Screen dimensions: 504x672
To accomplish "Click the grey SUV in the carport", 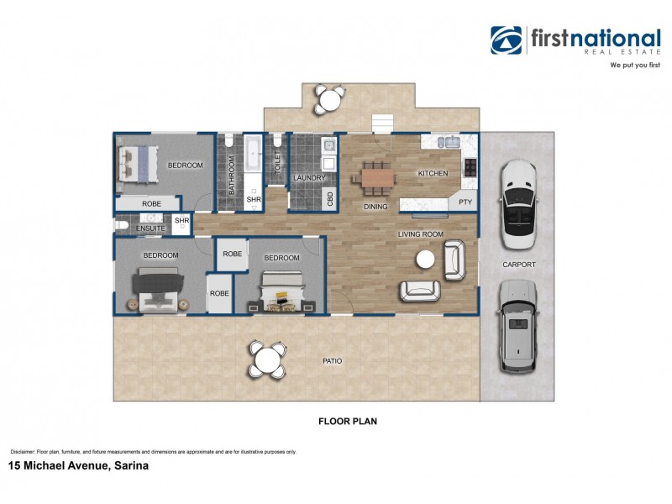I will (x=516, y=327).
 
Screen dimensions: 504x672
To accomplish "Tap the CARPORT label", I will (x=518, y=264).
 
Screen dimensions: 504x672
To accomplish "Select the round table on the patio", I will (x=267, y=361).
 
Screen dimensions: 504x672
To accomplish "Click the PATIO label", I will (x=332, y=361).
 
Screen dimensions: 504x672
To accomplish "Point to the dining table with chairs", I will (x=376, y=177).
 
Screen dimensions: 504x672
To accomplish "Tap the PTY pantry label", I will (x=465, y=202).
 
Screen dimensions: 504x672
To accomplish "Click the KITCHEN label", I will (x=433, y=174).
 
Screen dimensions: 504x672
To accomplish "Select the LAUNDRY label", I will (x=308, y=178).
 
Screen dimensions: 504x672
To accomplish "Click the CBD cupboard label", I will (x=330, y=198).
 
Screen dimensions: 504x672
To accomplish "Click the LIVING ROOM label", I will (x=420, y=234).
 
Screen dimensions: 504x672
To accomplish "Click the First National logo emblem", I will (x=507, y=40).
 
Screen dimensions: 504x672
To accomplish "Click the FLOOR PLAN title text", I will (x=346, y=422).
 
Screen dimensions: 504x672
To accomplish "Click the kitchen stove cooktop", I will (x=470, y=168).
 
